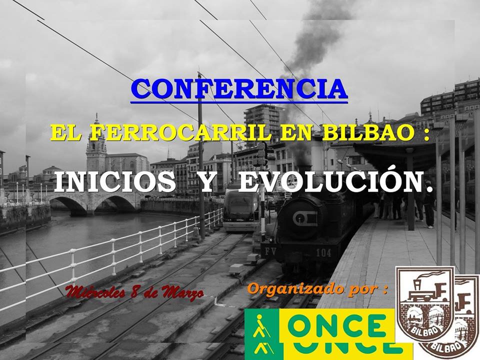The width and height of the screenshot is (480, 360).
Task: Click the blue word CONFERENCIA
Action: tap(239, 89)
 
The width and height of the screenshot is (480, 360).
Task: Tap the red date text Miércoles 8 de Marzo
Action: tap(134, 292)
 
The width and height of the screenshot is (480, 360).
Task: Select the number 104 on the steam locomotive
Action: tap(323, 253)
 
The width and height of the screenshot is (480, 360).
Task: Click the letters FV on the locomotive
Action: tap(270, 251)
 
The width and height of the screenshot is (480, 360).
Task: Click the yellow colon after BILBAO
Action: tap(426, 134)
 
